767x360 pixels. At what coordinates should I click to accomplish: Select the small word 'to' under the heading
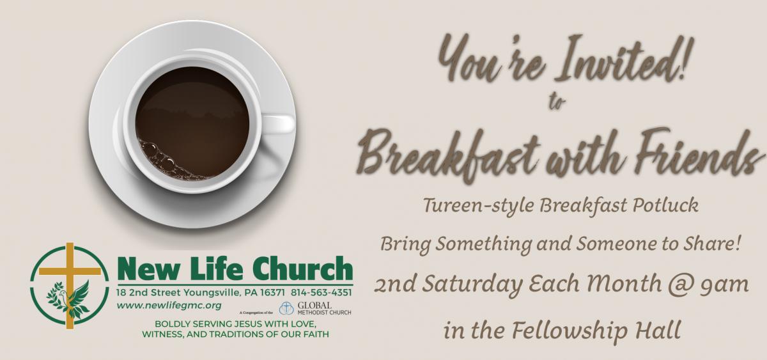(557, 102)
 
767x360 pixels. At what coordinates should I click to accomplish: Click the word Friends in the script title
(695, 152)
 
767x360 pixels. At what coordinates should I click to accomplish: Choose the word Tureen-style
(479, 205)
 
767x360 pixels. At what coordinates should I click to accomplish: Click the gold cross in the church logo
(70, 286)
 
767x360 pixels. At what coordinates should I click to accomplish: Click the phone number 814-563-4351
(322, 292)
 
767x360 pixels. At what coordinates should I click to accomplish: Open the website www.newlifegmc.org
(169, 306)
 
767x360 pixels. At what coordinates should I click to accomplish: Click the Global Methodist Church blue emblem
(286, 308)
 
